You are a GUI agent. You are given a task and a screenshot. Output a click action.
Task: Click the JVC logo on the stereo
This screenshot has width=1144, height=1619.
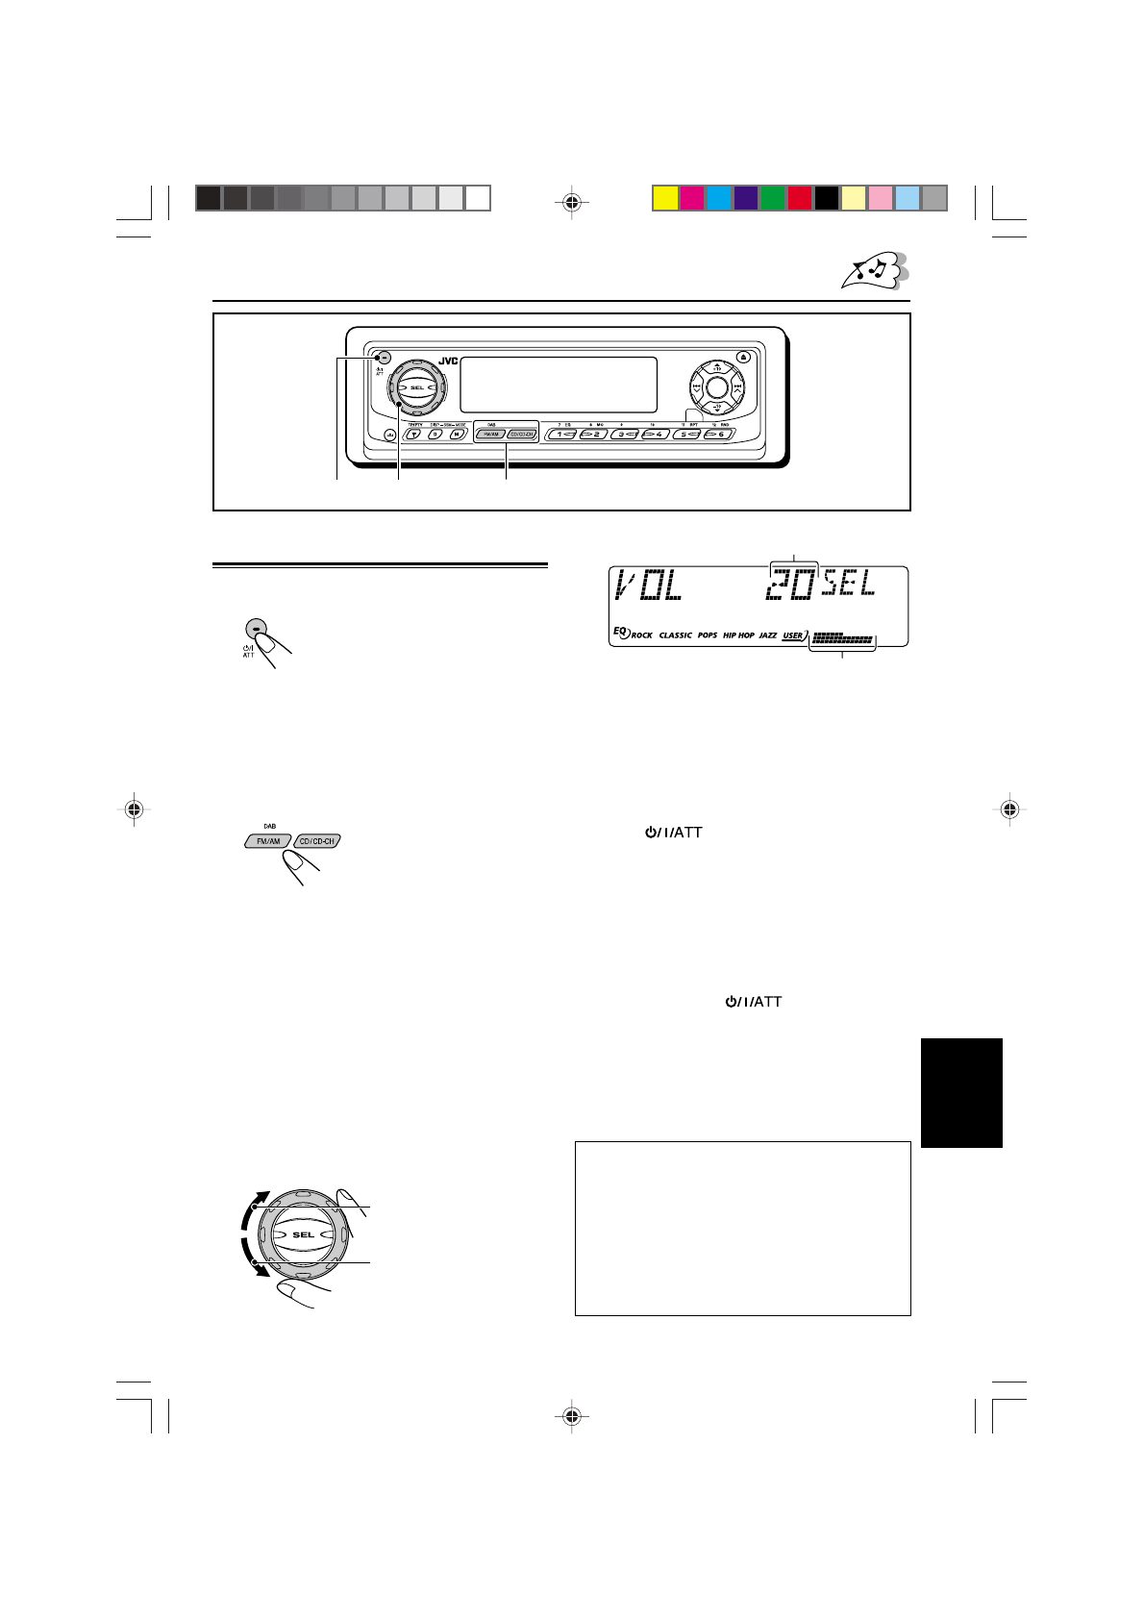[449, 361]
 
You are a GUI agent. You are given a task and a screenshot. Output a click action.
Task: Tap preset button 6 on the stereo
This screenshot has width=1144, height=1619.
[716, 435]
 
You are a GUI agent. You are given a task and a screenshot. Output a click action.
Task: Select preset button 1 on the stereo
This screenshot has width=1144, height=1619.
[562, 435]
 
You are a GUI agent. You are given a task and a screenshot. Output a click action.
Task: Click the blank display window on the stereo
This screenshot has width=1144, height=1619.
[559, 385]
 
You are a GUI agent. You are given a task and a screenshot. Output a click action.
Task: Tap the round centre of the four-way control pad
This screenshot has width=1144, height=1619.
[715, 388]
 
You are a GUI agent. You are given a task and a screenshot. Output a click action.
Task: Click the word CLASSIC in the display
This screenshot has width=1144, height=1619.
[675, 635]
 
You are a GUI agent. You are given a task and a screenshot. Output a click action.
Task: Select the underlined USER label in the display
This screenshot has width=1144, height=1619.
[792, 635]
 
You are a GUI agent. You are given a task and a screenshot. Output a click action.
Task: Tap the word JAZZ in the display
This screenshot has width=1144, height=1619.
[767, 635]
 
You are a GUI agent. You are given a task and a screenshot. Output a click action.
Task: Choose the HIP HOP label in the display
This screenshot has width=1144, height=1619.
[738, 635]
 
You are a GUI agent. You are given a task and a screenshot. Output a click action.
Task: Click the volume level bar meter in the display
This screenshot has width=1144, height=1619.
[842, 637]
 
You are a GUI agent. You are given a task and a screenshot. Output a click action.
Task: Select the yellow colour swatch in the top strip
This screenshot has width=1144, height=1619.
[664, 198]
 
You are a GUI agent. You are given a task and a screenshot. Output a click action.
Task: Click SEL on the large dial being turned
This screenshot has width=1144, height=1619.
[303, 1234]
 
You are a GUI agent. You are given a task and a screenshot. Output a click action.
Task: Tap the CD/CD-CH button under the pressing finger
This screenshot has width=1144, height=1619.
[315, 841]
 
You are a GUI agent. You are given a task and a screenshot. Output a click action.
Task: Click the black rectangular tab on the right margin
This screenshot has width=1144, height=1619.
[961, 1092]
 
